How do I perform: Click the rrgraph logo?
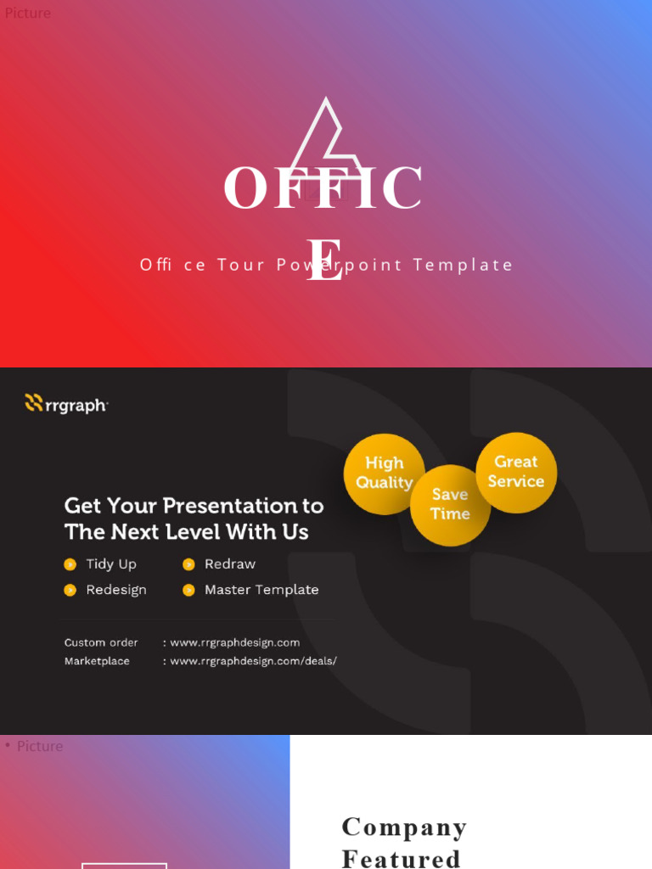66,404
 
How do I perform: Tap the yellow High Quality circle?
384,474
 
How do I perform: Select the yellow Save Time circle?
450,505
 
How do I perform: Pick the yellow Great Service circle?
516,472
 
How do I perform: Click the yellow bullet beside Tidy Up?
70,564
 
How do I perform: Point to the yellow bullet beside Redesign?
70,590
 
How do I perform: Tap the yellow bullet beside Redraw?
188,564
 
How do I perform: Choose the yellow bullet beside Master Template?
188,590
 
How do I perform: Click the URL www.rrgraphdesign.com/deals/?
253,661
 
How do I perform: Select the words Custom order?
101,642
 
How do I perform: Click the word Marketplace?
97,661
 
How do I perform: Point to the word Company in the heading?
404,827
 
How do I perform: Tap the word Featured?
401,858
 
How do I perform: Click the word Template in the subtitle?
464,265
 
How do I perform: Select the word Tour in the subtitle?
242,265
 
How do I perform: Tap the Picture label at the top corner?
28,13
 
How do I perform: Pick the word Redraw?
230,564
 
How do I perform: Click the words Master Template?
261,590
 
